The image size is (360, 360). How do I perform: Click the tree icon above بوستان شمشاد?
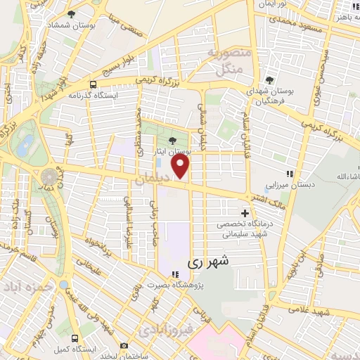70,13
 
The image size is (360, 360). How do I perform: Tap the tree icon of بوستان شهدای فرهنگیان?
270,79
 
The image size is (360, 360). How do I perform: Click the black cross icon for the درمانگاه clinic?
245,212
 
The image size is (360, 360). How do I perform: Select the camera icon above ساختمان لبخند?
124,345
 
